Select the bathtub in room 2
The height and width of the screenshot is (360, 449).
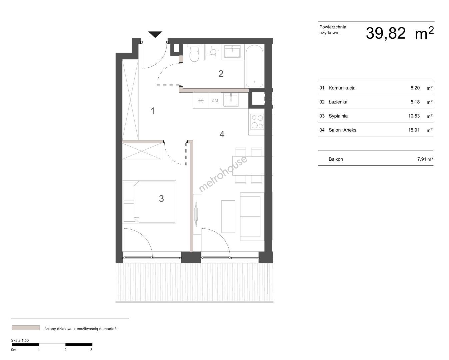(x=254, y=66)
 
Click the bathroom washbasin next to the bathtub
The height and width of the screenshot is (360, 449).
(x=232, y=51)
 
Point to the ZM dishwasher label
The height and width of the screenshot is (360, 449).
(x=215, y=100)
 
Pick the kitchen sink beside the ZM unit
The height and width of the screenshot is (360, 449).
(x=231, y=100)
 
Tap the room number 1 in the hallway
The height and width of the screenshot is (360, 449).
(x=153, y=111)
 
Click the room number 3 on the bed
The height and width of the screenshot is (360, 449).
(x=161, y=198)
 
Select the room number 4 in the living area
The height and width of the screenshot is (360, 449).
(x=222, y=134)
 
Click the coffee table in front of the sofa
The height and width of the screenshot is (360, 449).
(x=228, y=216)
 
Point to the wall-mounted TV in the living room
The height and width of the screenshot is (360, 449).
(x=196, y=214)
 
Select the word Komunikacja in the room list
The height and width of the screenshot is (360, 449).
(x=342, y=88)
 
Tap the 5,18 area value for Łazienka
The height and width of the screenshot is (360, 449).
(x=415, y=102)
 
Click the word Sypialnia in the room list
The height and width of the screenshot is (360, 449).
(x=338, y=116)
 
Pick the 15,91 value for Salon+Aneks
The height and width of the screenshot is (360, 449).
(x=414, y=130)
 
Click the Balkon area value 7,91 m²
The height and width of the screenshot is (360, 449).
(x=425, y=159)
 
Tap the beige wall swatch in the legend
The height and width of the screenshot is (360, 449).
(x=26, y=328)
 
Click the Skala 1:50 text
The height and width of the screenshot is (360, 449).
(x=20, y=340)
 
